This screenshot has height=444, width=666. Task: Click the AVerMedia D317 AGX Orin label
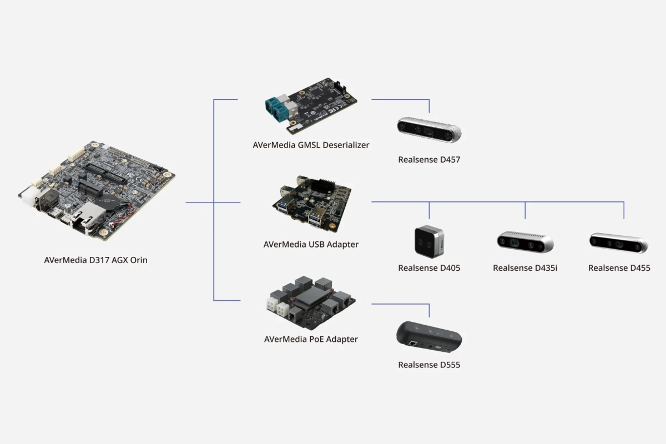pos(95,259)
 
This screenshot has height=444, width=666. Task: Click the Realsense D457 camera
pos(429,130)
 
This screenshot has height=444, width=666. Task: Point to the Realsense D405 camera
pos(429,242)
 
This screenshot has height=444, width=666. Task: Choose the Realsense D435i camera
pos(524,242)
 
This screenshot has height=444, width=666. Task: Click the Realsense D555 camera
pos(429,337)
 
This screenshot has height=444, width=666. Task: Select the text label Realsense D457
pos(429,160)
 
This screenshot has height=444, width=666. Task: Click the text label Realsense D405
pos(429,268)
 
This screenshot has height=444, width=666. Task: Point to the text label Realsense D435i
pos(524,268)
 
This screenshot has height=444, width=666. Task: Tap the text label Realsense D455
pos(619,268)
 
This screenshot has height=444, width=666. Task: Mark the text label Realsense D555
pos(429,365)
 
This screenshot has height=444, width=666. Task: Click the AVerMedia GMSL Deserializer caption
pos(311,145)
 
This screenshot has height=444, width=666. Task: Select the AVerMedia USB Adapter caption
pos(311,244)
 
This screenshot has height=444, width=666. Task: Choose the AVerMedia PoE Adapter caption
pos(311,339)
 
